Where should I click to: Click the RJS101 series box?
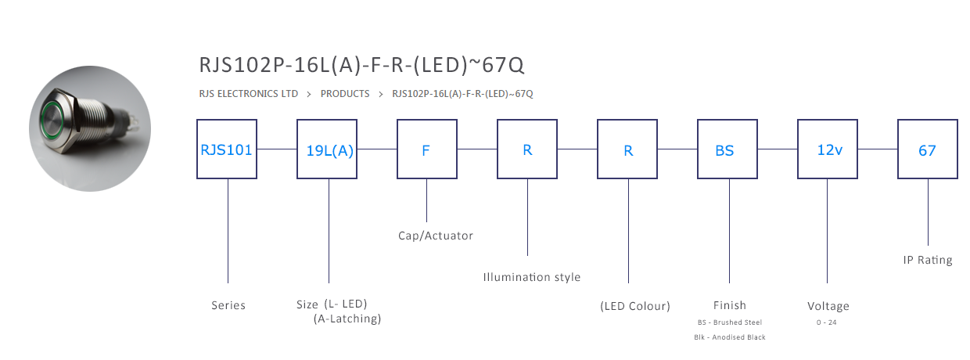pyautogui.click(x=227, y=149)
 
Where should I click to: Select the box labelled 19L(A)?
pyautogui.click(x=327, y=149)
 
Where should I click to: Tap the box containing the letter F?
pyautogui.click(x=427, y=149)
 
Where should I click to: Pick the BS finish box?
pyautogui.click(x=727, y=149)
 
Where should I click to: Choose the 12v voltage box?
pyautogui.click(x=828, y=149)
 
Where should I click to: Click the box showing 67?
pyautogui.click(x=928, y=149)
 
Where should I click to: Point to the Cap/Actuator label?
pyautogui.click(x=436, y=236)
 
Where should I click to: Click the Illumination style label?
pyautogui.click(x=532, y=277)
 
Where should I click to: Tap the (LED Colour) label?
pyautogui.click(x=635, y=306)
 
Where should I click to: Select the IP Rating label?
pyautogui.click(x=928, y=260)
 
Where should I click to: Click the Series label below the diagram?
pyautogui.click(x=228, y=305)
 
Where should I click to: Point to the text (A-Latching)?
pyautogui.click(x=347, y=319)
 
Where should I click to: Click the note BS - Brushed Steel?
pyautogui.click(x=730, y=322)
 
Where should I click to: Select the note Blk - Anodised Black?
pyautogui.click(x=730, y=337)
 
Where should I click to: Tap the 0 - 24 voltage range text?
pyautogui.click(x=827, y=322)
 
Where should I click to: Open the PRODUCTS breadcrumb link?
pyautogui.click(x=345, y=94)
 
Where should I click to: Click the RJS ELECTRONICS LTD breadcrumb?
pyautogui.click(x=249, y=94)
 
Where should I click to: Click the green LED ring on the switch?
pyautogui.click(x=52, y=120)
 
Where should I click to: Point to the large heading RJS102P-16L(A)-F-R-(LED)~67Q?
pyautogui.click(x=361, y=65)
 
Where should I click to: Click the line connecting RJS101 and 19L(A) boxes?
pyautogui.click(x=277, y=149)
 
